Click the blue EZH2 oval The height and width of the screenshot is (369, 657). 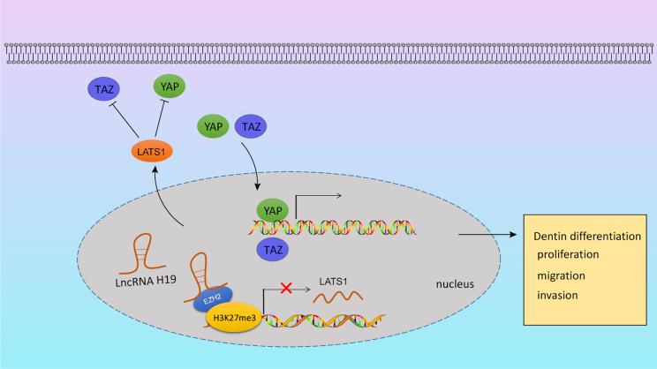[x=214, y=298]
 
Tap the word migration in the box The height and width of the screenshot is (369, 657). [x=562, y=275]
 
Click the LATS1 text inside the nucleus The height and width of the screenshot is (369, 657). [x=332, y=279]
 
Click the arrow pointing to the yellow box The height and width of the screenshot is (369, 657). [x=487, y=236]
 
